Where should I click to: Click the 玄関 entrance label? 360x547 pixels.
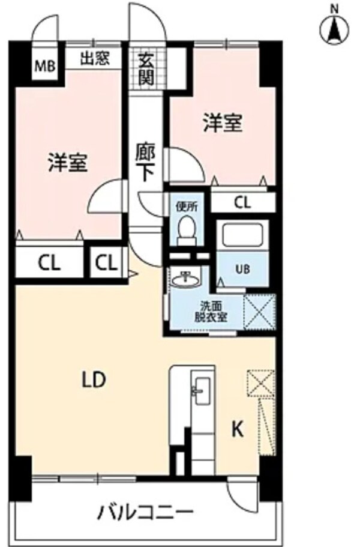click(145, 68)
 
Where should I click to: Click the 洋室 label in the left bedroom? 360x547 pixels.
click(68, 163)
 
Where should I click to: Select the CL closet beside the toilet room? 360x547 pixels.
click(242, 202)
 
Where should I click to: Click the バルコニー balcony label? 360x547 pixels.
click(146, 513)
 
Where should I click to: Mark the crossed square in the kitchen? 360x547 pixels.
click(260, 382)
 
